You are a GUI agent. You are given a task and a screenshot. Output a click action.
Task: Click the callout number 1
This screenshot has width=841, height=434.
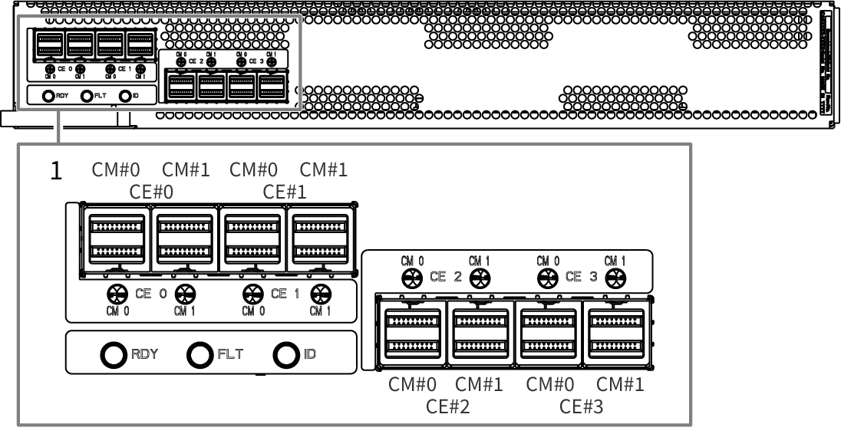(x=55, y=171)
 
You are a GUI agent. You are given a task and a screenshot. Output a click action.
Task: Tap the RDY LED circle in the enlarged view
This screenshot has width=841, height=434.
(x=114, y=353)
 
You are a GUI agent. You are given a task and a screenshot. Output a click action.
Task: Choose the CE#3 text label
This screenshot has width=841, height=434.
(x=581, y=406)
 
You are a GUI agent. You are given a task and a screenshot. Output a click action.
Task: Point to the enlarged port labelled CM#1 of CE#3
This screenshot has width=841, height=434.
(x=615, y=330)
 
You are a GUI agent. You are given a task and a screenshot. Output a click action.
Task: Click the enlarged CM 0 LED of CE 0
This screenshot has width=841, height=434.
(x=117, y=292)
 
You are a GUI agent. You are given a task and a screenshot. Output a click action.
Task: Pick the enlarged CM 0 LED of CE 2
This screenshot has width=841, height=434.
(x=411, y=278)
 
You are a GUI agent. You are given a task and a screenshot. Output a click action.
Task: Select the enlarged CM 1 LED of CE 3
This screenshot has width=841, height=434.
(x=615, y=278)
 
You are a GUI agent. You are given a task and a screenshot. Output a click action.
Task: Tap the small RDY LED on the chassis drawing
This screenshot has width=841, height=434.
(x=48, y=96)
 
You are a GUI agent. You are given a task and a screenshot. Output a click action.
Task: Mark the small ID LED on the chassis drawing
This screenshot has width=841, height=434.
(x=124, y=96)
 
